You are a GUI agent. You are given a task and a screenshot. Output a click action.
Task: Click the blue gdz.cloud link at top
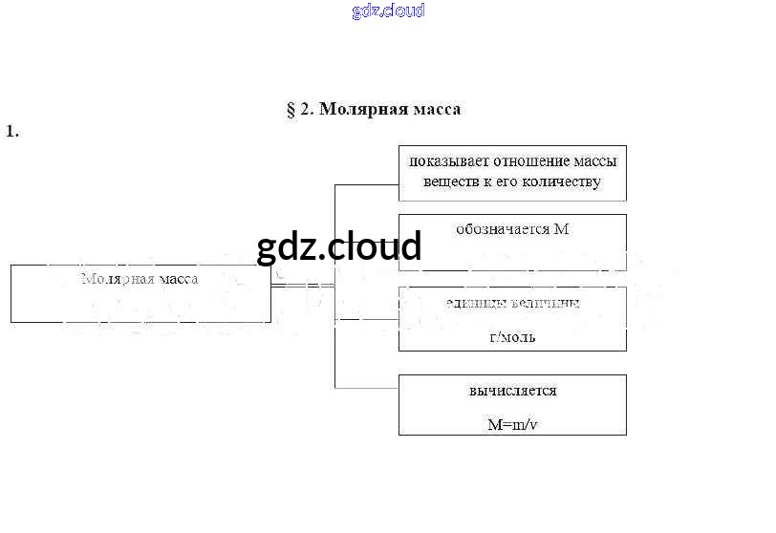point(387,11)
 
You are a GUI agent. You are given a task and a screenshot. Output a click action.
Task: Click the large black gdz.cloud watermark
point(338,247)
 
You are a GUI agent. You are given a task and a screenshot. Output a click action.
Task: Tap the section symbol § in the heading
point(291,109)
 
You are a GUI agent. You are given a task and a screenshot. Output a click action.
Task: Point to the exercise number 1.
point(12,132)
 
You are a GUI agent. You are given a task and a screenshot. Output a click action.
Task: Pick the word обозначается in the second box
point(503,229)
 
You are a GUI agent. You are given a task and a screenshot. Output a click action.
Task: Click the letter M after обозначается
point(562,229)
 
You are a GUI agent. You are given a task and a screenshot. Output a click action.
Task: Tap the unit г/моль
point(512,337)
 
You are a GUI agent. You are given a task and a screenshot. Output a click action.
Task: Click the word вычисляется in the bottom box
point(512,391)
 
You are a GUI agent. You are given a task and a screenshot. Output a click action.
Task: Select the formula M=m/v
point(512,425)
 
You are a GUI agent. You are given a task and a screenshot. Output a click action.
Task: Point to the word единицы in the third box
point(470,304)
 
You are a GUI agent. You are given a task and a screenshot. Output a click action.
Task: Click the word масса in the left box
point(179,280)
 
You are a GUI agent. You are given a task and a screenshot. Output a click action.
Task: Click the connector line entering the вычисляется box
point(367,387)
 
